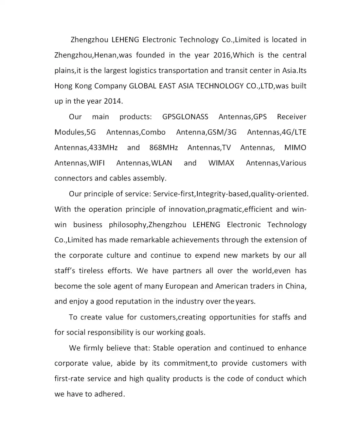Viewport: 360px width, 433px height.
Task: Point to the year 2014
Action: tap(112, 101)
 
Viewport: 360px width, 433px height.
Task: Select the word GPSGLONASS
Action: tap(185, 117)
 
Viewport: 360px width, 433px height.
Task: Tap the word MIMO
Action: tap(295, 148)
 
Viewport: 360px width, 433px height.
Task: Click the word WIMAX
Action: tap(221, 163)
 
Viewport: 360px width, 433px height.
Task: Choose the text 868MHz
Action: tap(161, 148)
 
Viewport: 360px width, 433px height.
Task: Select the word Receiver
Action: tap(291, 117)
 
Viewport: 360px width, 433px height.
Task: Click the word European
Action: tap(181, 286)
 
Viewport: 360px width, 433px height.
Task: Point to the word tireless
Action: tap(91, 271)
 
